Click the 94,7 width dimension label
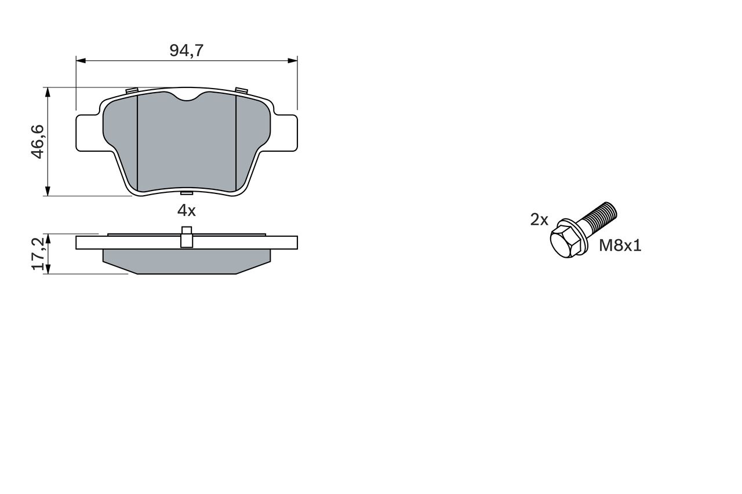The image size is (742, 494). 186,50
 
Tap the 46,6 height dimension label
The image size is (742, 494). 38,142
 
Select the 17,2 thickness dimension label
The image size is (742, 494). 38,254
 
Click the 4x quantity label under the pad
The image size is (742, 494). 187,210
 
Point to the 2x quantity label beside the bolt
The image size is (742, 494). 539,219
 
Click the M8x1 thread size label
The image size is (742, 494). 620,246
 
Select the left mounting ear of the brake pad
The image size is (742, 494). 88,133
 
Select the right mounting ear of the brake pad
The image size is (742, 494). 286,133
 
